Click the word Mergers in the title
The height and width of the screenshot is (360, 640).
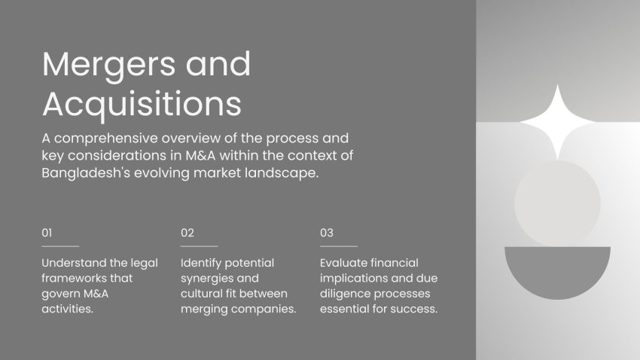(x=108, y=66)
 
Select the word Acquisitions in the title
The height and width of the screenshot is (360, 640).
(x=142, y=105)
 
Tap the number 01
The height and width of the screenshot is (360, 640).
(x=47, y=233)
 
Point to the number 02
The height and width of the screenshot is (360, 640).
(x=187, y=233)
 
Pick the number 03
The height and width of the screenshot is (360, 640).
(x=327, y=233)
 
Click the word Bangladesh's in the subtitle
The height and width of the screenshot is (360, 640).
(x=86, y=173)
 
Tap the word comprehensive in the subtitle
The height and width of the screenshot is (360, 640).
(x=105, y=139)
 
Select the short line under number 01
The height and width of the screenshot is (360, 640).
(x=60, y=246)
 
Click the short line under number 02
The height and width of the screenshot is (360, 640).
(x=200, y=246)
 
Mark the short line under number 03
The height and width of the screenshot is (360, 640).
(x=339, y=246)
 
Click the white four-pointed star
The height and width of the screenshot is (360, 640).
(x=557, y=122)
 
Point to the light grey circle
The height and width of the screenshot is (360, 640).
(x=557, y=203)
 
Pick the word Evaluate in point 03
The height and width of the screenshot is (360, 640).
(x=343, y=263)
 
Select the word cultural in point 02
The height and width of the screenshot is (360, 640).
(x=201, y=294)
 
